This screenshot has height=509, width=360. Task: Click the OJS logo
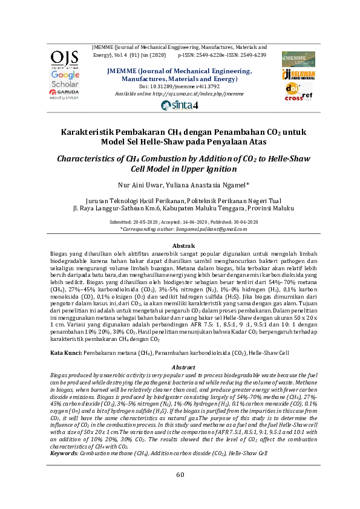click(65, 59)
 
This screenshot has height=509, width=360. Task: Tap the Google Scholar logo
click(65, 79)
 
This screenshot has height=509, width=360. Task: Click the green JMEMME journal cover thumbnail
click(298, 59)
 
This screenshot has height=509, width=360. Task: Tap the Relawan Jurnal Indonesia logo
click(298, 74)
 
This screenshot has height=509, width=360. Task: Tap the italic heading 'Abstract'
click(180, 367)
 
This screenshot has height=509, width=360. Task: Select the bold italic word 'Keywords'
click(63, 453)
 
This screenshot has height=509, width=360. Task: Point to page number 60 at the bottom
click(180, 475)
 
